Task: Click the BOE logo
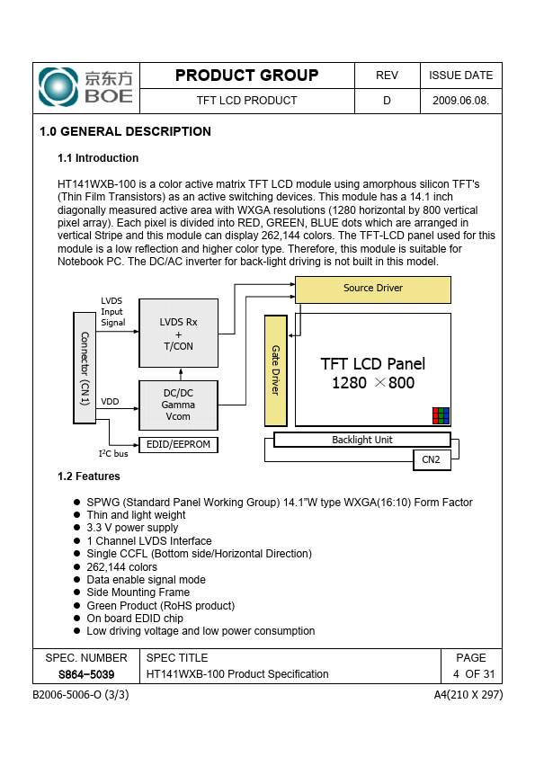(85, 87)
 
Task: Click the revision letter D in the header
(387, 101)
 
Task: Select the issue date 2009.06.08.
(460, 101)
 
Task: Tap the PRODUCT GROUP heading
(246, 76)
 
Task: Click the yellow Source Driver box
(373, 289)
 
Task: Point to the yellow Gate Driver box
(276, 370)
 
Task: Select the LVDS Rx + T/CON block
(179, 334)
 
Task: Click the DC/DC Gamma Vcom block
(179, 405)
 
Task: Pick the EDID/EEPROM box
(179, 445)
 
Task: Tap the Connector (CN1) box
(85, 368)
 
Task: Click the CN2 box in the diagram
(432, 459)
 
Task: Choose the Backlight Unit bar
(362, 440)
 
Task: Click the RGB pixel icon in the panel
(441, 415)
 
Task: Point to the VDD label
(110, 402)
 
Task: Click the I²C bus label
(113, 453)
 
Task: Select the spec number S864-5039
(86, 674)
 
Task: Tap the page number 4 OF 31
(474, 674)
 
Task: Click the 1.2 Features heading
(89, 476)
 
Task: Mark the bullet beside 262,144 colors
(76, 566)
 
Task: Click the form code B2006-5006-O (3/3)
(81, 695)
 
